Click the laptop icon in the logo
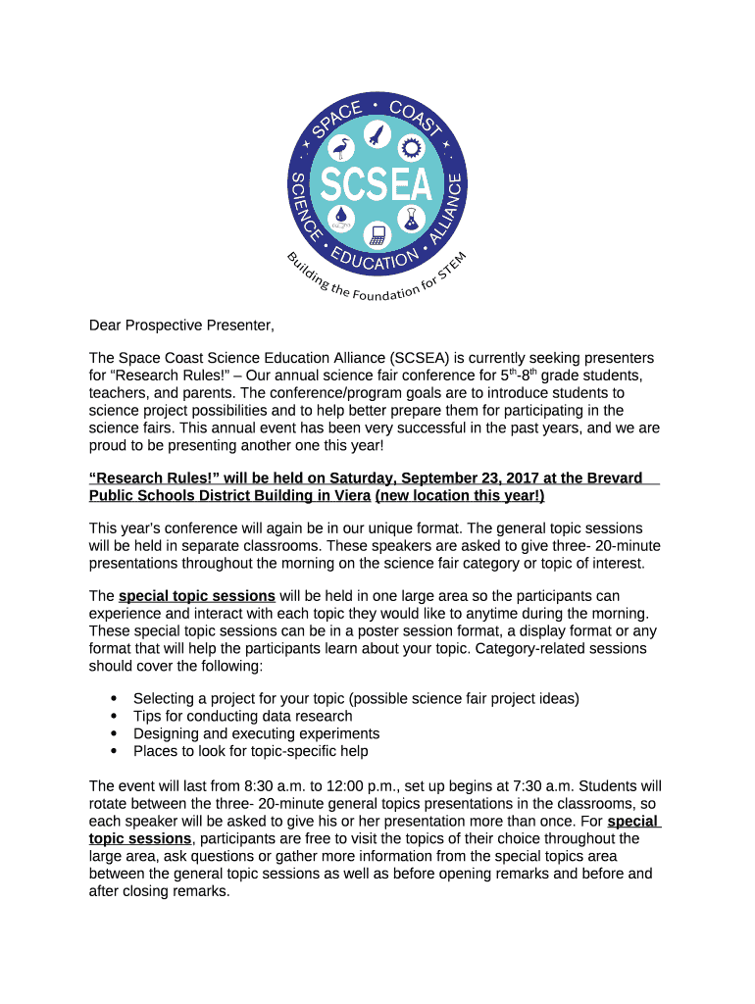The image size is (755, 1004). tap(377, 234)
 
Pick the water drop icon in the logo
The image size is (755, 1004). tap(341, 216)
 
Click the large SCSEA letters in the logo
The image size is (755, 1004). tap(377, 183)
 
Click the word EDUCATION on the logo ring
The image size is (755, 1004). tap(376, 261)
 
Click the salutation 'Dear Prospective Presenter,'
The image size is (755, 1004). tap(181, 325)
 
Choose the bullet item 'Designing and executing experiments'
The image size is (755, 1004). tap(256, 733)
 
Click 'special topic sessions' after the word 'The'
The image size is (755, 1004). tap(196, 596)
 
